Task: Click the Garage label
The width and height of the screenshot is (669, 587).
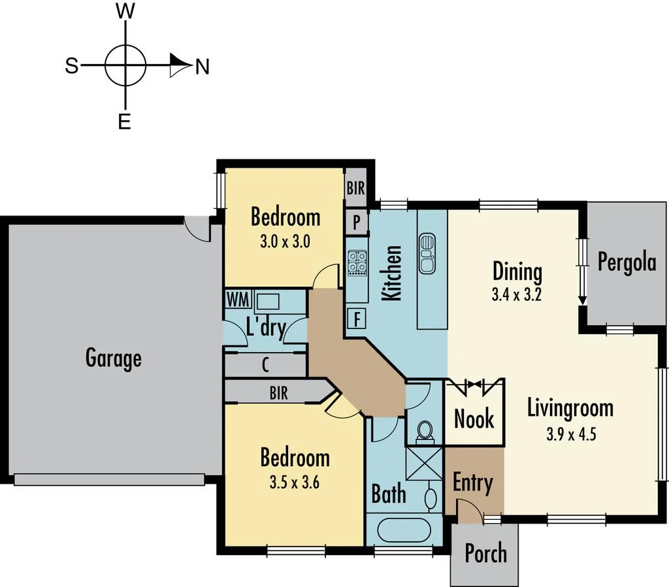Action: coord(113,358)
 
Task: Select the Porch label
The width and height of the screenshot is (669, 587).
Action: coord(485,553)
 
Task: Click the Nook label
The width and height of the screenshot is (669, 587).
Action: coord(474,419)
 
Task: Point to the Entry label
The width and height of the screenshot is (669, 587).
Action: coord(472,483)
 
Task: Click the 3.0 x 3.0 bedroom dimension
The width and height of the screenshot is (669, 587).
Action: coord(284,241)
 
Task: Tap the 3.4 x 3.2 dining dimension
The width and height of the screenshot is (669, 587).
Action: coord(517,294)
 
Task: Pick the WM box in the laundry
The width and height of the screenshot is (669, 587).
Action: coord(237,300)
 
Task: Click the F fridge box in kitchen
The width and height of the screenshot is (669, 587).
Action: coord(357,320)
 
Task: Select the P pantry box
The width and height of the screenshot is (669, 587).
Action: coord(357,222)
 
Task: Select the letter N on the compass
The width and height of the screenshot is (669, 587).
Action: coord(203,67)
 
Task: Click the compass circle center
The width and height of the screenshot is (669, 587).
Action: coord(125,66)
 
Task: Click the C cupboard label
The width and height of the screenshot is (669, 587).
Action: coord(265,364)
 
